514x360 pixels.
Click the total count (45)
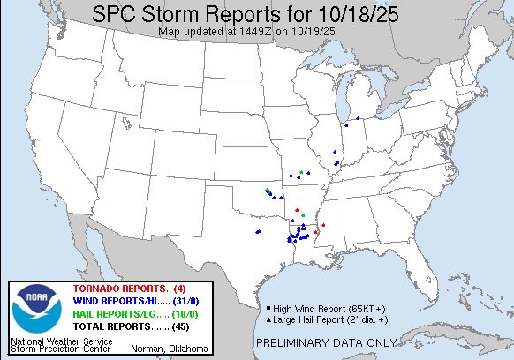tap(188, 327)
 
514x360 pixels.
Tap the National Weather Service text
tap(62, 340)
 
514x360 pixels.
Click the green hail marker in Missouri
tap(302, 170)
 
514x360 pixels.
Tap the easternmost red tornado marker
tap(324, 225)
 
